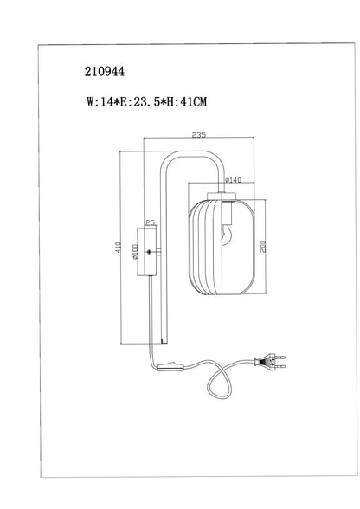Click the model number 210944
(105, 71)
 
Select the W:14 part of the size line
(97, 102)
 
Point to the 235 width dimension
(199, 135)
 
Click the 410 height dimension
(119, 248)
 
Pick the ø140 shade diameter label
(233, 180)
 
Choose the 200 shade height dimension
(262, 247)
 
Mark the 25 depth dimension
(150, 222)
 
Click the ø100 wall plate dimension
(135, 252)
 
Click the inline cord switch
(171, 366)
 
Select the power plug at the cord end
(270, 362)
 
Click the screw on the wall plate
(150, 252)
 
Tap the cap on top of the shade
(222, 196)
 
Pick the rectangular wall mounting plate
(147, 252)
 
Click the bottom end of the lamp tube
(164, 343)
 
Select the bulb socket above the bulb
(227, 213)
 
